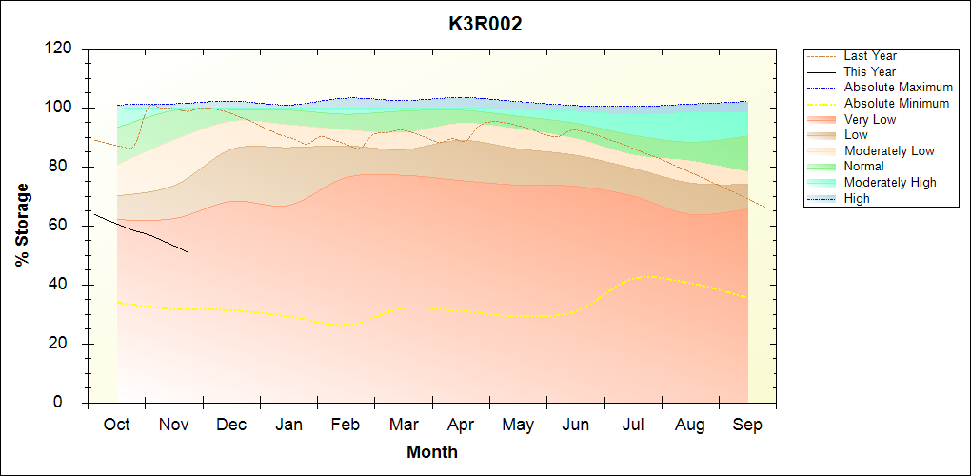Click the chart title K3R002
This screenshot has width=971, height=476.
point(485,25)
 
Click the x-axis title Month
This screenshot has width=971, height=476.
point(432,452)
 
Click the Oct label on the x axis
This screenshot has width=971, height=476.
point(116,425)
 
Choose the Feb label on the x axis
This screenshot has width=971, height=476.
point(346,425)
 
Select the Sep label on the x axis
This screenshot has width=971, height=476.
point(747,425)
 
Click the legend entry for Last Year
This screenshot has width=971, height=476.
point(870,56)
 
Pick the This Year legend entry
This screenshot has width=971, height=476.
point(870,71)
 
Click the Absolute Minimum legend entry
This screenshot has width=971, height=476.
point(897,104)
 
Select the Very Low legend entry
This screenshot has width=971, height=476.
point(870,119)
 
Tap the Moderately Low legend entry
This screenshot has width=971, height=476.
point(889,150)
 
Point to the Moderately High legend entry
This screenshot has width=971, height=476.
point(890,182)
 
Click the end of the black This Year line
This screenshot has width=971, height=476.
point(188,252)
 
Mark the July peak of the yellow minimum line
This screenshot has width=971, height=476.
point(650,276)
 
